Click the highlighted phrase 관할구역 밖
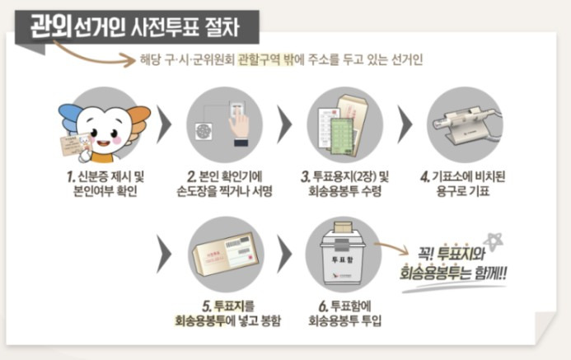(266, 60)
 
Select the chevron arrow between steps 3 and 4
(405, 126)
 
